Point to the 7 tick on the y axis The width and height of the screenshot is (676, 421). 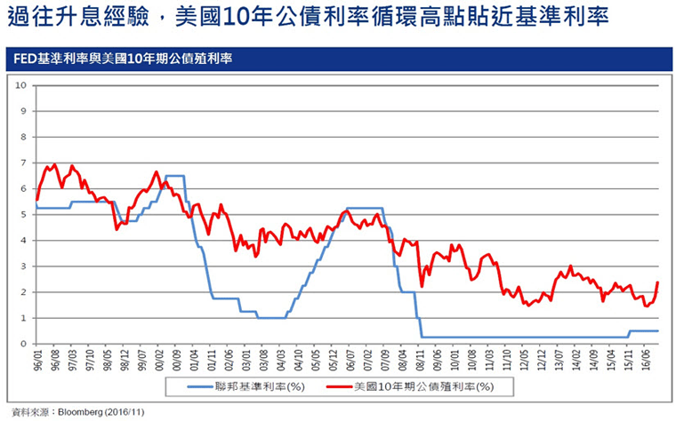coord(23,163)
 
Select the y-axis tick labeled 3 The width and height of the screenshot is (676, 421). coord(23,266)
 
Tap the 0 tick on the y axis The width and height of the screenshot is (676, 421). coord(23,344)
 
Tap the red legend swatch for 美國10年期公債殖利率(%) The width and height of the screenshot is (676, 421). coord(335,386)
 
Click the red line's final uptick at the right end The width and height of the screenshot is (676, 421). coord(656,284)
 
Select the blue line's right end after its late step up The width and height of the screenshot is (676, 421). coord(656,330)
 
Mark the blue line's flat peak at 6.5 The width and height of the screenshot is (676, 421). coord(175,176)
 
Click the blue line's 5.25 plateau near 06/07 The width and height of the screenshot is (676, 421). coord(362,208)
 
